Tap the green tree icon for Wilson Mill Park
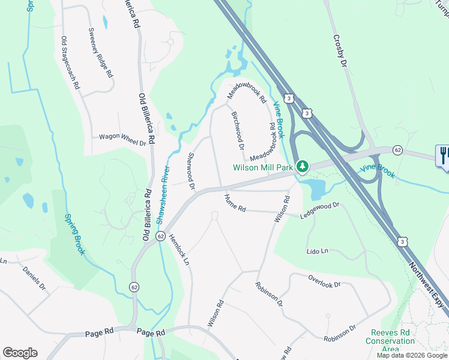(304, 165)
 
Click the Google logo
(20, 353)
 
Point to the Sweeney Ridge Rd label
(101, 52)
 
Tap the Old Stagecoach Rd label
(70, 63)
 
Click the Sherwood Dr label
(191, 171)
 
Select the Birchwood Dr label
(238, 129)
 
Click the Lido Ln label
(318, 251)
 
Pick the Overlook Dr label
(324, 281)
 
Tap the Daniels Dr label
(34, 278)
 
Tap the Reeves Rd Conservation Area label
(390, 341)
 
